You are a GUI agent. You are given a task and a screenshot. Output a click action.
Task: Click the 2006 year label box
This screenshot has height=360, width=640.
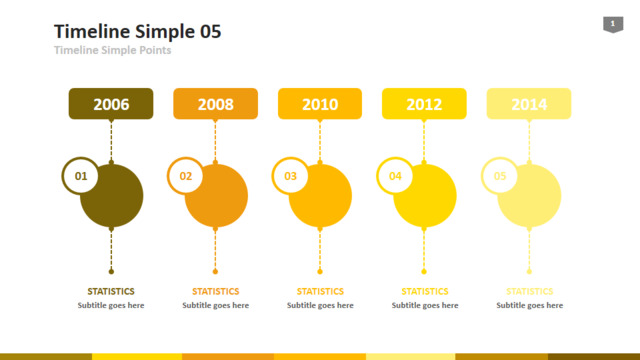click(111, 104)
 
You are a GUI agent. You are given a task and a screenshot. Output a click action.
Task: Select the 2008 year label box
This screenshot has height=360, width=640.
click(216, 104)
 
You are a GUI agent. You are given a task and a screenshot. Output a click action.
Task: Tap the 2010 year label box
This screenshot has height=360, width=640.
click(320, 104)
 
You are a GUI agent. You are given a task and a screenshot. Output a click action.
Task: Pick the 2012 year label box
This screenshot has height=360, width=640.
click(424, 104)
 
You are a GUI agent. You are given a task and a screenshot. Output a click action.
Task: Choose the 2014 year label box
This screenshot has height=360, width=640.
click(529, 104)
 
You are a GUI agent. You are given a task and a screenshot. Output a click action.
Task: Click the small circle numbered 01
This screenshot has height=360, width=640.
click(81, 176)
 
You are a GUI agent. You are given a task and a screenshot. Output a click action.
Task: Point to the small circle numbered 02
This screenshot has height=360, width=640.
click(186, 176)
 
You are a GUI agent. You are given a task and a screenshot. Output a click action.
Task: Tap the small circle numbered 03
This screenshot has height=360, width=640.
click(290, 176)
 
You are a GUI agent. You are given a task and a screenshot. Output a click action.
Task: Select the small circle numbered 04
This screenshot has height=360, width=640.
click(395, 176)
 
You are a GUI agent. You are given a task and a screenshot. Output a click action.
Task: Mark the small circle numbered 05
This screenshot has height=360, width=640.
click(500, 176)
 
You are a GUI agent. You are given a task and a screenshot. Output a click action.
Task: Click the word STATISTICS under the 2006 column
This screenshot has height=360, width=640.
click(111, 291)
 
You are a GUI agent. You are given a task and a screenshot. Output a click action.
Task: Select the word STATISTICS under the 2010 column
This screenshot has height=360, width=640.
click(320, 291)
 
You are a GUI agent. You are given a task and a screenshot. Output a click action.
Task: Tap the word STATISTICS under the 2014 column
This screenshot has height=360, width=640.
click(529, 291)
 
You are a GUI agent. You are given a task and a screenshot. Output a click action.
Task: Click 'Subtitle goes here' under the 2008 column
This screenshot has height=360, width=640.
click(216, 305)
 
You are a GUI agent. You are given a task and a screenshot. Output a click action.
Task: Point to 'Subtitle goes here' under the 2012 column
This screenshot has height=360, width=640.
click(425, 305)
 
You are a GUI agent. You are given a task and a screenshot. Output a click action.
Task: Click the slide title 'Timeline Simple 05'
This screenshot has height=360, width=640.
click(138, 31)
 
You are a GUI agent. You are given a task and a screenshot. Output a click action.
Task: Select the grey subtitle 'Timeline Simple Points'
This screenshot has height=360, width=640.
click(113, 50)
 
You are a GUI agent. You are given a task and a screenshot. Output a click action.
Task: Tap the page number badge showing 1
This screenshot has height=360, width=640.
click(613, 24)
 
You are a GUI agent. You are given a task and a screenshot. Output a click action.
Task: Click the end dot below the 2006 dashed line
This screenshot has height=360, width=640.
click(111, 271)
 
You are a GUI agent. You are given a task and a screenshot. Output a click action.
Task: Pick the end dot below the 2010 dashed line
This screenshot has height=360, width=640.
click(320, 271)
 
